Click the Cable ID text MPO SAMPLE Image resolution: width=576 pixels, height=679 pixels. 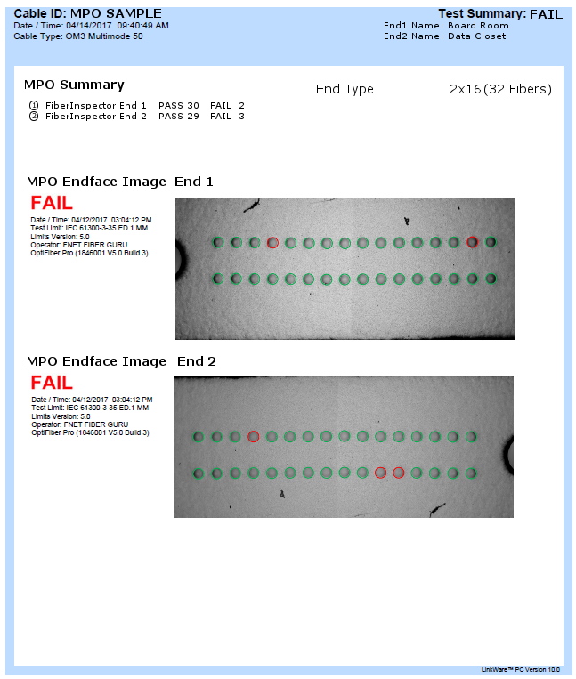click(116, 14)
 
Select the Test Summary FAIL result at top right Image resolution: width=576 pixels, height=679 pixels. click(546, 14)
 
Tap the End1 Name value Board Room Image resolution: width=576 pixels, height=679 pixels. click(478, 26)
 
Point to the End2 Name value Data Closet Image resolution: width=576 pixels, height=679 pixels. click(476, 36)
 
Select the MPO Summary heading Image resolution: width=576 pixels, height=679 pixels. click(74, 85)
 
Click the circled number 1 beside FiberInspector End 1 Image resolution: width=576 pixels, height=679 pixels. click(34, 105)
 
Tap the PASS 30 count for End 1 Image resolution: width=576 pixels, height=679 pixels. click(178, 105)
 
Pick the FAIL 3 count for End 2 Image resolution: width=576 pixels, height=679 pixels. click(227, 116)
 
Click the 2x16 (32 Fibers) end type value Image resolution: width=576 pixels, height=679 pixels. click(500, 89)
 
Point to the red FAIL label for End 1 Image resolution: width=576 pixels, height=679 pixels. click(52, 203)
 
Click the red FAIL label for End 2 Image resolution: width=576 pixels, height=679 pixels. click(52, 383)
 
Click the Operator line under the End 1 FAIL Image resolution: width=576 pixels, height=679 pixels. click(79, 245)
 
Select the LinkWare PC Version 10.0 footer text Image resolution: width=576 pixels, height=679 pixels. click(520, 669)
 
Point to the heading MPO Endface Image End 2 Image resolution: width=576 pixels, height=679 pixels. click(121, 361)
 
